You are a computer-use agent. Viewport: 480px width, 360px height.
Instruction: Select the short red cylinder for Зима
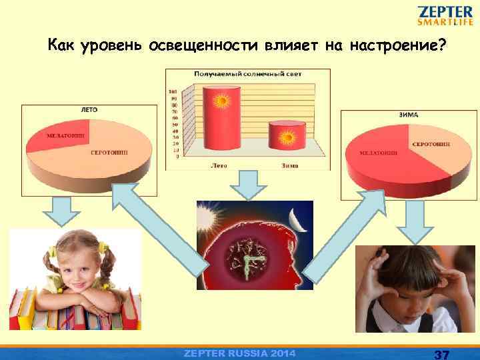[287, 137]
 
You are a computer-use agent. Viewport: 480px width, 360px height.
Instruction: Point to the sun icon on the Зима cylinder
[287, 139]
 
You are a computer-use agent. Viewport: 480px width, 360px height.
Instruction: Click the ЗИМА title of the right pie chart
[409, 115]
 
